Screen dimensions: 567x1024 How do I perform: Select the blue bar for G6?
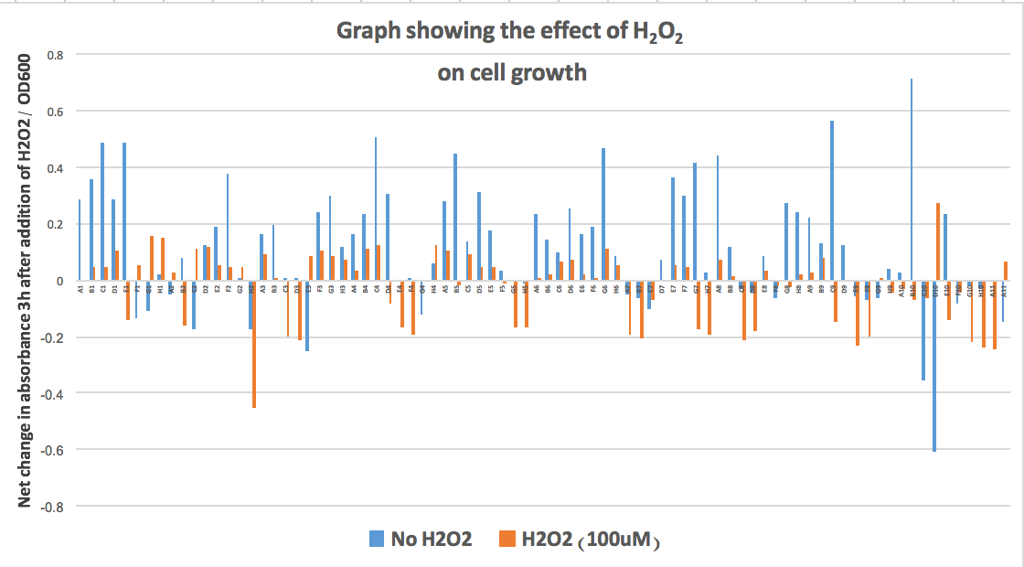[x=603, y=214]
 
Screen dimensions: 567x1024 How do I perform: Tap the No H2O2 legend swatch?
[x=375, y=540]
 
